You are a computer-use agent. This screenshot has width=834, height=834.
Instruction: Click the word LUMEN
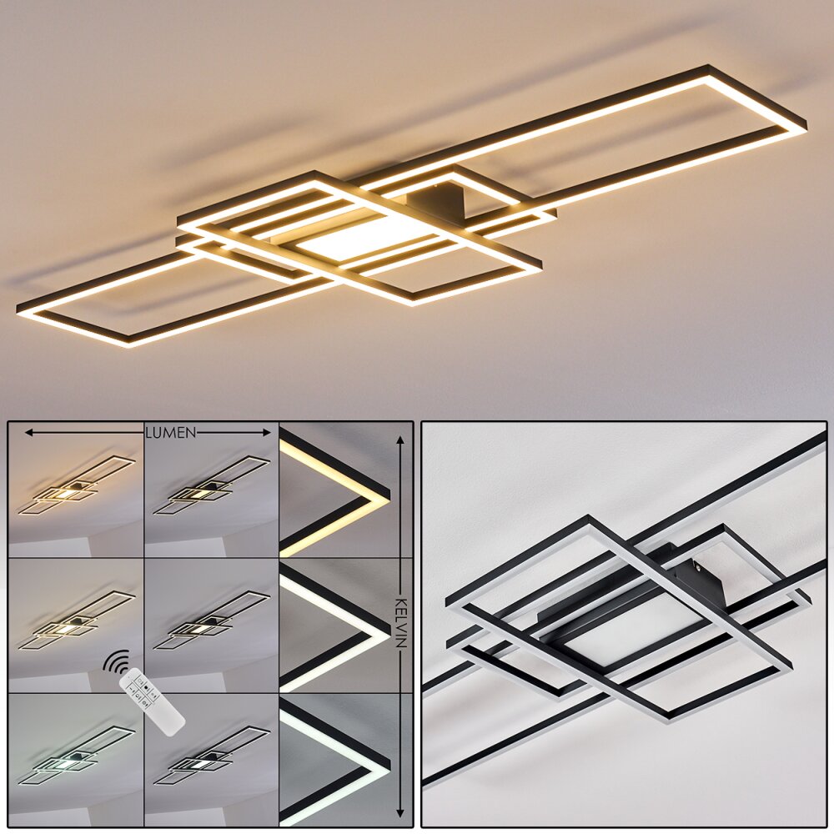click(171, 432)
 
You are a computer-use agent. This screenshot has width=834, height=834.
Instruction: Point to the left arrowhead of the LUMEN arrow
click(28, 432)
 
